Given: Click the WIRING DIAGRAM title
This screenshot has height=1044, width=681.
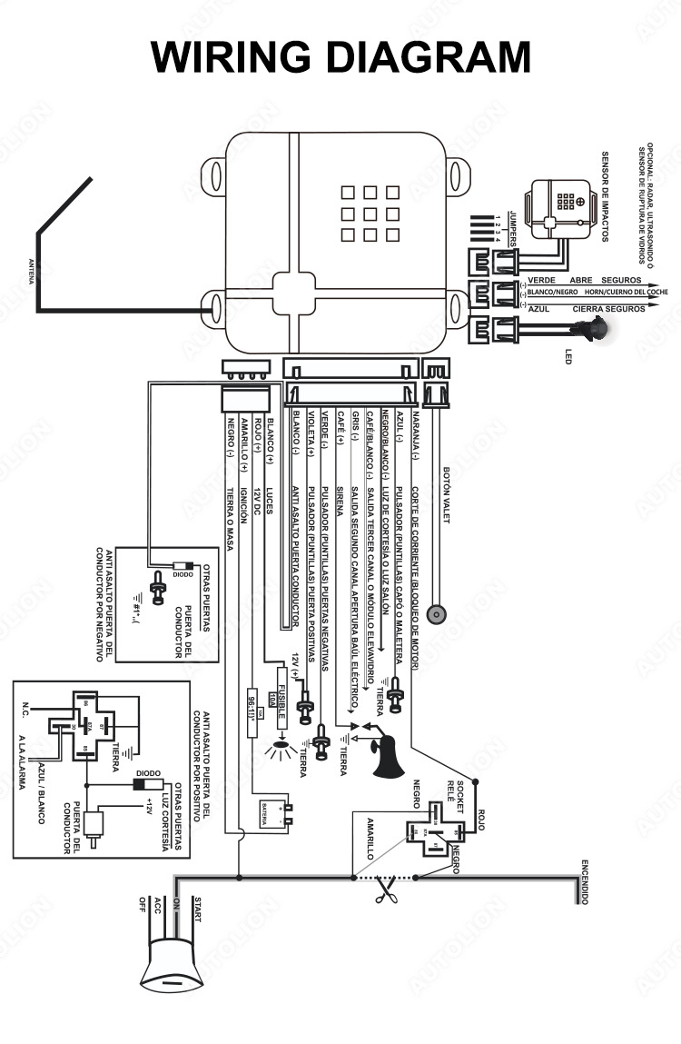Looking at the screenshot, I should coord(340,56).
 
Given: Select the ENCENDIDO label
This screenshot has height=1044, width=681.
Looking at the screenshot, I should coord(586,880).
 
